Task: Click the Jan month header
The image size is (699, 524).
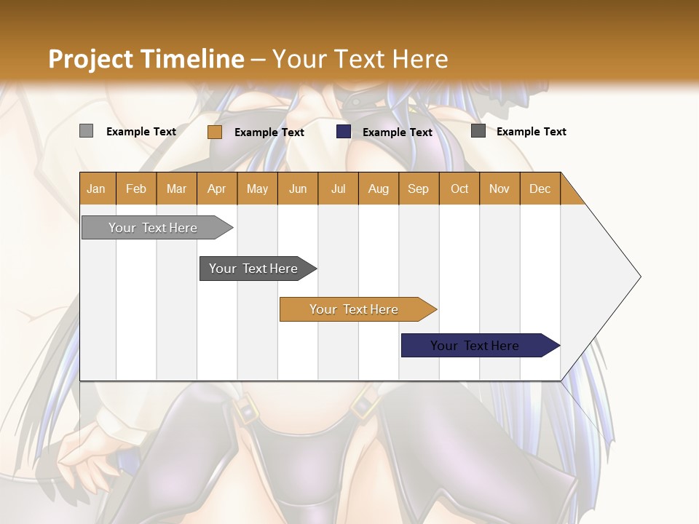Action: click(x=96, y=188)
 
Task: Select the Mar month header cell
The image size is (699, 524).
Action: click(x=176, y=188)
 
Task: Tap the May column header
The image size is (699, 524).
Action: click(x=257, y=188)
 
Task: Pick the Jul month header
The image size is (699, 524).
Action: click(x=338, y=188)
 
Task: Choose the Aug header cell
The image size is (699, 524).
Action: click(x=378, y=188)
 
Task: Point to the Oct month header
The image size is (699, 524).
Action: click(x=459, y=188)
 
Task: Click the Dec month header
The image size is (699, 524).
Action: click(x=540, y=188)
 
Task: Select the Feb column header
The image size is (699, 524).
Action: click(x=136, y=188)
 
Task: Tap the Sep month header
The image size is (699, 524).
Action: click(x=418, y=188)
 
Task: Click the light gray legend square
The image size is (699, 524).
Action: click(x=86, y=131)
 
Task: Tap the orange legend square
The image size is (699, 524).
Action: click(x=214, y=132)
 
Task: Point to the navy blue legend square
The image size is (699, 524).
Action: click(x=344, y=132)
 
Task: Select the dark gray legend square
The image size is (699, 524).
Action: click(x=478, y=131)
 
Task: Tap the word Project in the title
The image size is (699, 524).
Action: click(x=90, y=59)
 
